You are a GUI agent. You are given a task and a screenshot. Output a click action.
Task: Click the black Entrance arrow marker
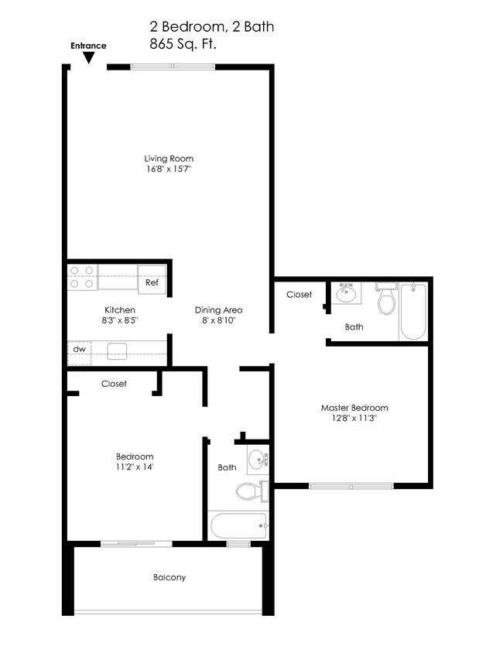pos(89,58)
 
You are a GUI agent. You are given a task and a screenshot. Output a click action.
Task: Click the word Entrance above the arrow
pos(88,46)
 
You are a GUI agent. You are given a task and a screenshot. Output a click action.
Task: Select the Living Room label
pos(169,159)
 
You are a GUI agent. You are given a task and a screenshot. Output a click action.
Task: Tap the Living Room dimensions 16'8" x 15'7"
pos(169,169)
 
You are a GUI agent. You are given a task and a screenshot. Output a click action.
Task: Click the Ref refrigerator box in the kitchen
pos(152,282)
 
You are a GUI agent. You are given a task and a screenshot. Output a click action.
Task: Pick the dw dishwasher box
pos(79,349)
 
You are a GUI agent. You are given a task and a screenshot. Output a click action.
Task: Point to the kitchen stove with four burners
pos(81,277)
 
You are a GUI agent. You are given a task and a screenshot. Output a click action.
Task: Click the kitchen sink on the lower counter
pos(117,349)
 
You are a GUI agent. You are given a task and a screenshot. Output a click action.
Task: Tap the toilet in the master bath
pos(386,299)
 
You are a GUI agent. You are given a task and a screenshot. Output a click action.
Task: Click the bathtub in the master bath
pos(413,311)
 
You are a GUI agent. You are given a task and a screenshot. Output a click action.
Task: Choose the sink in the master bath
pos(346,294)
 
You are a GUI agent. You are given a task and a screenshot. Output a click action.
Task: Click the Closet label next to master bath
pos(299,295)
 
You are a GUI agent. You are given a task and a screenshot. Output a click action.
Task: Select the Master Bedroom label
pos(354,408)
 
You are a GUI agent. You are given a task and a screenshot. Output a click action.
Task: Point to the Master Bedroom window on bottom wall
pos(351,486)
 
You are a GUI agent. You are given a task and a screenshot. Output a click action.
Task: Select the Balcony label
pos(169,577)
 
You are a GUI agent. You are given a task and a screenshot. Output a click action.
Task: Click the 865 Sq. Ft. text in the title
pos(183,44)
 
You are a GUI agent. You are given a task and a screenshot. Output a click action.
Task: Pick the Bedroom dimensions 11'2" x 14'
pos(135,467)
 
